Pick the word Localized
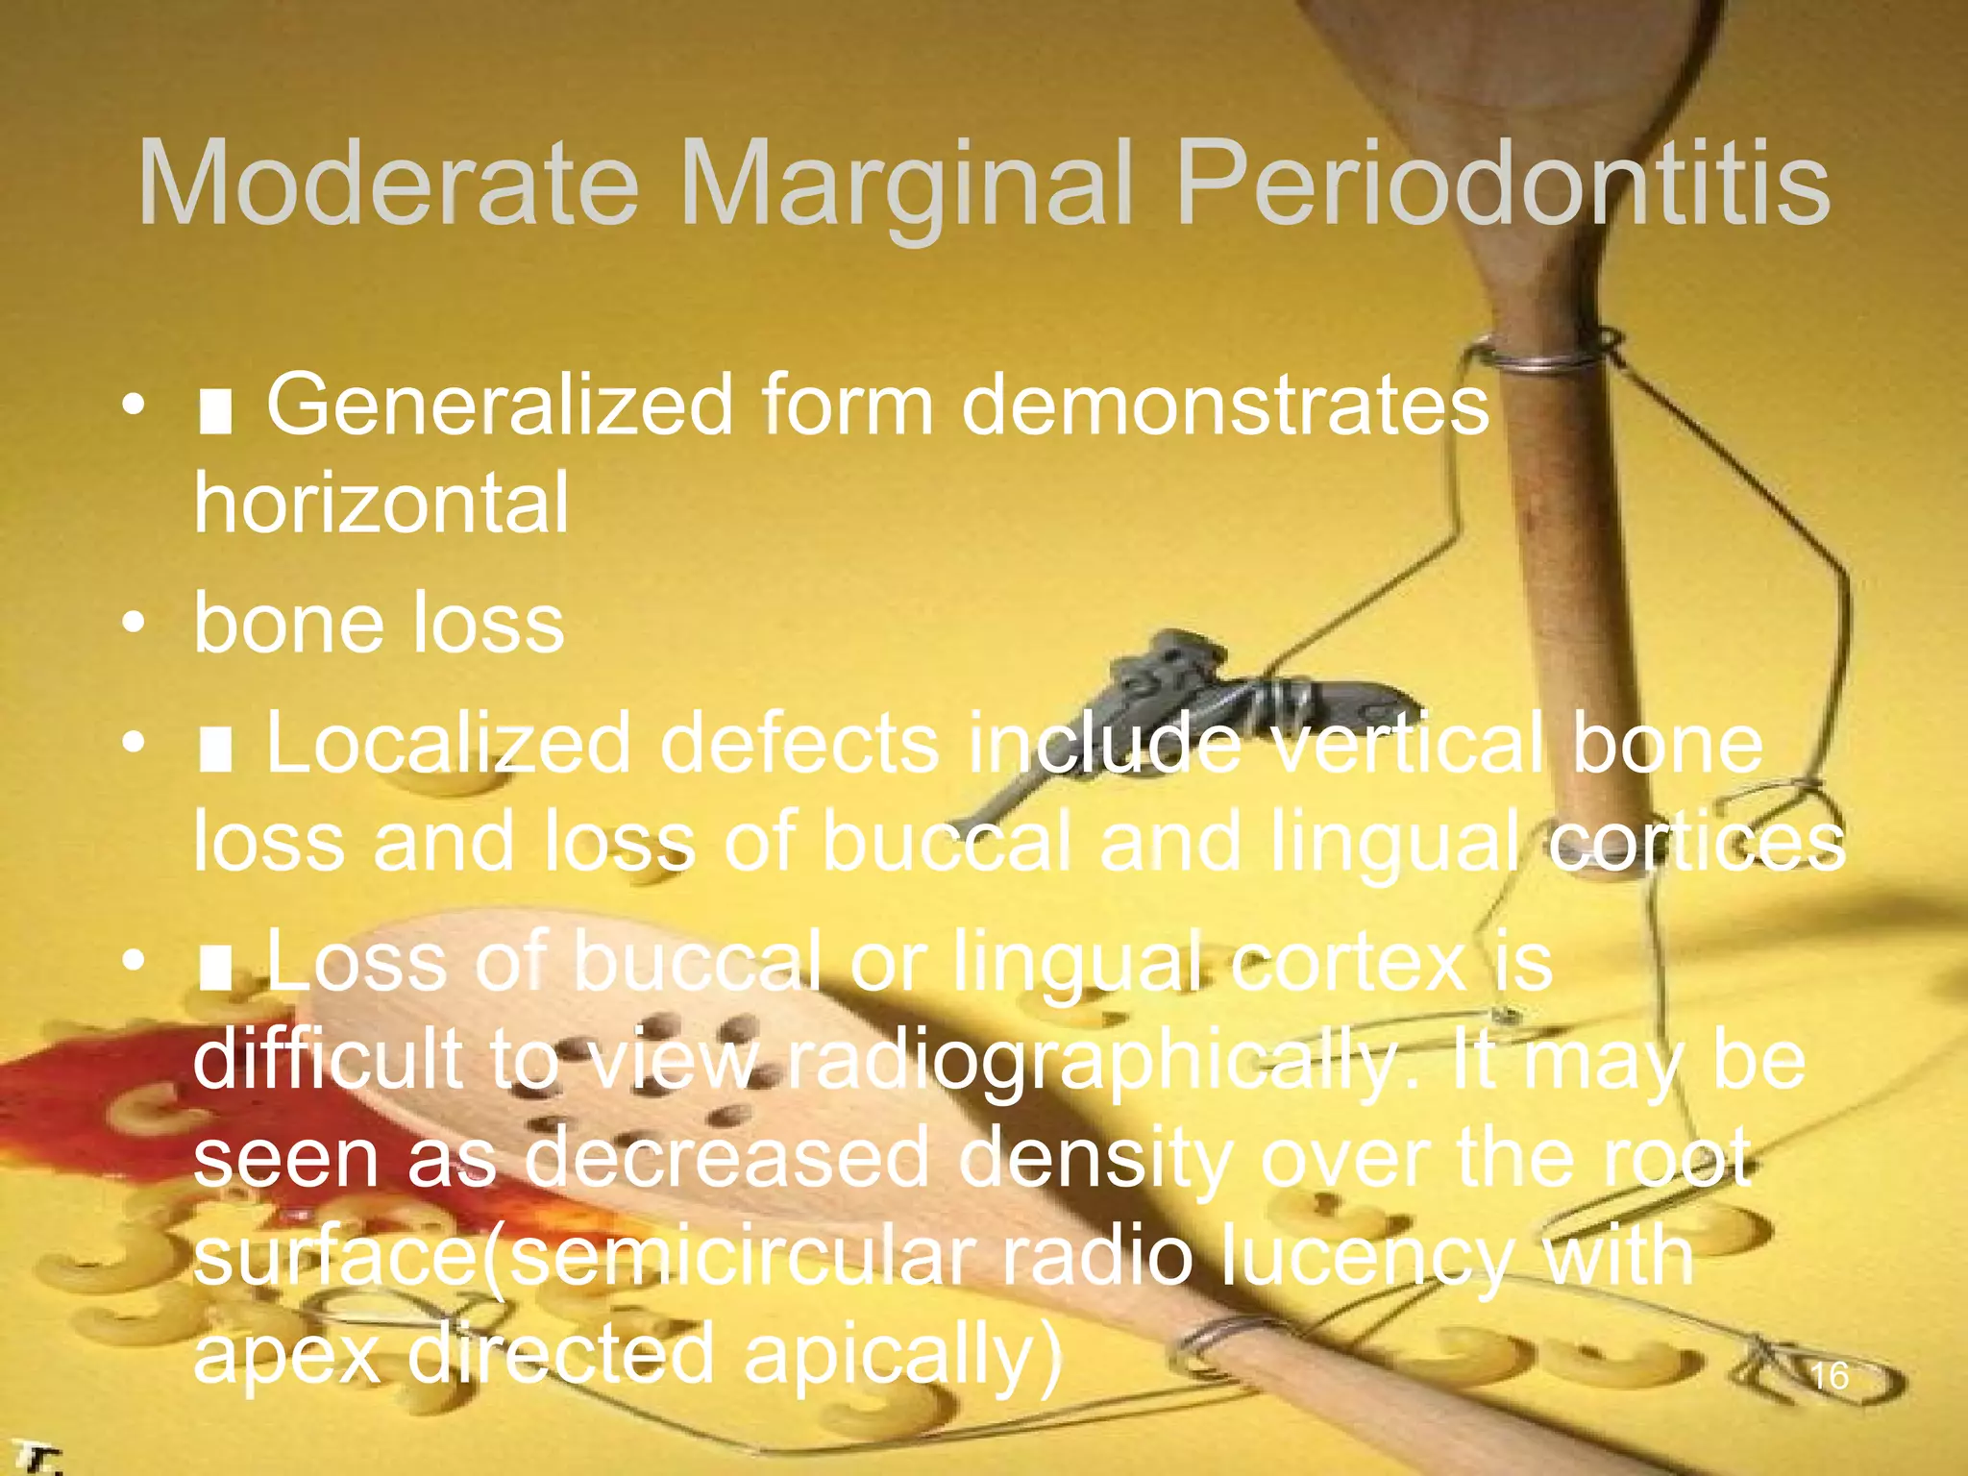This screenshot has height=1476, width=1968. point(448,744)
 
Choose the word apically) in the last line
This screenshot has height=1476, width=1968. point(903,1355)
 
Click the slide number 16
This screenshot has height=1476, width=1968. point(1829,1377)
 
